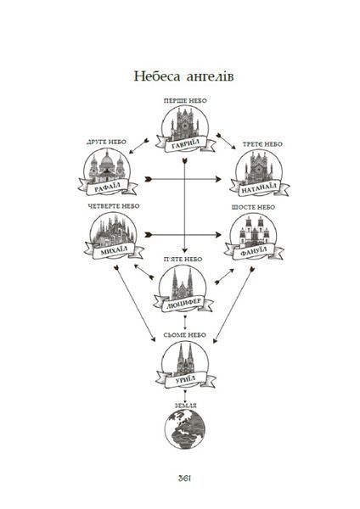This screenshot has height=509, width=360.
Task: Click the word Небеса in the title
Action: click(157, 76)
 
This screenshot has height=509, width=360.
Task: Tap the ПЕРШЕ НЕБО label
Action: click(185, 101)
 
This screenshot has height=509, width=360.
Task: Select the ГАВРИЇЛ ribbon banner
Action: click(185, 144)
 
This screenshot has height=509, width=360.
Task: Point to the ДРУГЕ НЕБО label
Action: click(106, 142)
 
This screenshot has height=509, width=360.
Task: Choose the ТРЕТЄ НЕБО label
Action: click(262, 144)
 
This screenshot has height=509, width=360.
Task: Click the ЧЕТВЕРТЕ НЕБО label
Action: click(114, 206)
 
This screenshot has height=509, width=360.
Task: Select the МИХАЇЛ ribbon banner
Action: click(114, 250)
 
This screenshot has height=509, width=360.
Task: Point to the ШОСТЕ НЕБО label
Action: click(253, 207)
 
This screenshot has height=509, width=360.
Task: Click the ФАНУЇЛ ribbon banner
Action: click(254, 251)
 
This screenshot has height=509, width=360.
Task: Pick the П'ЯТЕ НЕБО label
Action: click(183, 259)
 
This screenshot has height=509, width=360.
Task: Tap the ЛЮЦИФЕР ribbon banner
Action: click(183, 303)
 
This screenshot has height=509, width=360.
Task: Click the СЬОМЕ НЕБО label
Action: click(185, 335)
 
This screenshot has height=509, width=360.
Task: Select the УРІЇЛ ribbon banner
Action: click(186, 379)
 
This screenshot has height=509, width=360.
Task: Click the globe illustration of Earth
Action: click(185, 428)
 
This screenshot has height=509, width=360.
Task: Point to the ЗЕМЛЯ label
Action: click(186, 406)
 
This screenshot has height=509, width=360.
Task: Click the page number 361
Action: click(184, 478)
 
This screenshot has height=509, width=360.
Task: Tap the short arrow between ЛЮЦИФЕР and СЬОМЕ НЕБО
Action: click(185, 322)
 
